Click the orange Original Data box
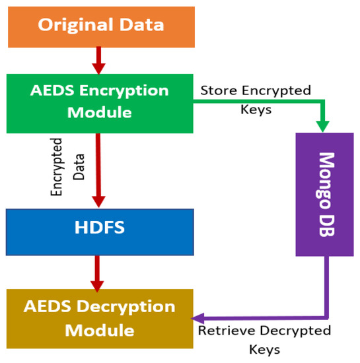[100, 26]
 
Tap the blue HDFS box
[100, 232]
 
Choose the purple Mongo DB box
[325, 194]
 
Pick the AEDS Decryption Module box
[99, 318]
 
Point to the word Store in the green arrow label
[216, 90]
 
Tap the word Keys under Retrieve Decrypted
[264, 349]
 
